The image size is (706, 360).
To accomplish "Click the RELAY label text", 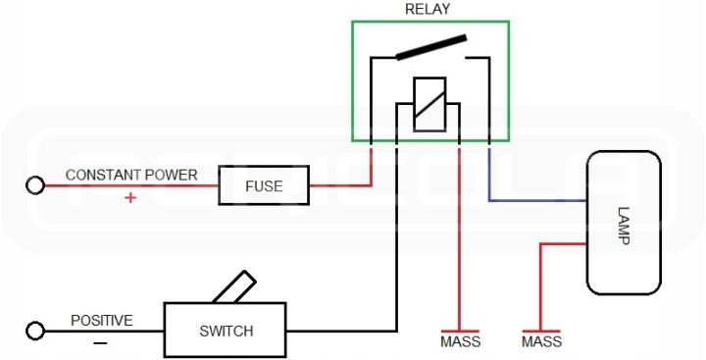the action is [428, 9].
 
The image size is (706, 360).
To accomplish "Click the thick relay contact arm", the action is [430, 47].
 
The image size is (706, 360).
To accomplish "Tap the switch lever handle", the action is [234, 287].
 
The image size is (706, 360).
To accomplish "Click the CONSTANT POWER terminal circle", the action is [35, 185].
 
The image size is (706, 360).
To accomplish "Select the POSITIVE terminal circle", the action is [35, 332].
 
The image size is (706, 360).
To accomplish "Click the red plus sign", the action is [130, 197].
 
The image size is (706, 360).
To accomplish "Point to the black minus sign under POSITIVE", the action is [100, 343].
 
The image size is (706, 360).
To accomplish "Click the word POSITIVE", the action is [102, 321].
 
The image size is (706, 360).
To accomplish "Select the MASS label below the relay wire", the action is [461, 341].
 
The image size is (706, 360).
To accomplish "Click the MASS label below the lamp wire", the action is [541, 341].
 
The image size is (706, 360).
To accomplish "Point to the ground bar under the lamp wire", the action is [541, 332].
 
